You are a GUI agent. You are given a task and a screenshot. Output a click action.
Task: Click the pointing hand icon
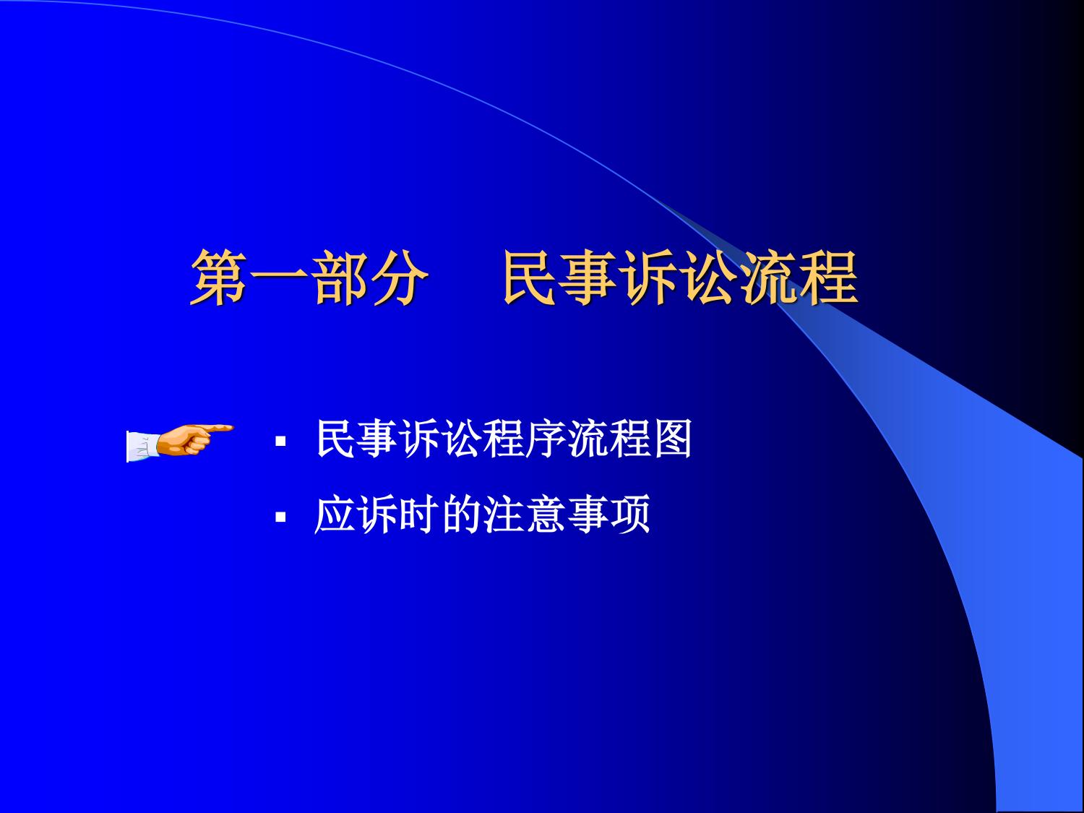pos(179,441)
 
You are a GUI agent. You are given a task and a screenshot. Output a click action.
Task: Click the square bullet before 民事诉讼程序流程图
pos(280,441)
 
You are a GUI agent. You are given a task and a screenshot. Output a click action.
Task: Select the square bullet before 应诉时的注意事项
pos(280,517)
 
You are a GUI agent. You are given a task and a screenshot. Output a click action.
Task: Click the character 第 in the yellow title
pos(219,278)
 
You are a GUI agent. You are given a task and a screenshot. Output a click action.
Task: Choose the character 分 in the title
pos(398,278)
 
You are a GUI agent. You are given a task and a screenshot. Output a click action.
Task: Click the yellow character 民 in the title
pos(533,278)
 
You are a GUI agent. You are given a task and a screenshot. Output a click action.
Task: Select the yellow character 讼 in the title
pos(710,278)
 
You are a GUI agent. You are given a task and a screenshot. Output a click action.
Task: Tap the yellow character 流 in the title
pos(770,278)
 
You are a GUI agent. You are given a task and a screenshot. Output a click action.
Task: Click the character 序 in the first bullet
pos(545,439)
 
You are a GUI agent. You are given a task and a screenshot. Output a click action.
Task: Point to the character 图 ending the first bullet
pos(671,439)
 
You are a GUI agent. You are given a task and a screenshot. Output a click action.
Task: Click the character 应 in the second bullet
pos(335,515)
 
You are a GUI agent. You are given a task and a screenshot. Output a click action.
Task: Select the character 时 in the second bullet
pos(418,515)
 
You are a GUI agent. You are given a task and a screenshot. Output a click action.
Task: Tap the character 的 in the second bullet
pos(461,515)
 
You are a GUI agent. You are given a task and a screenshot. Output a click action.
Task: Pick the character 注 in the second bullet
pos(503,515)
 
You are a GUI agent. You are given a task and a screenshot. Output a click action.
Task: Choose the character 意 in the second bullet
pos(545,515)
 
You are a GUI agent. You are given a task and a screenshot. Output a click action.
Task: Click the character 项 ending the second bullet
pos(629,515)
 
